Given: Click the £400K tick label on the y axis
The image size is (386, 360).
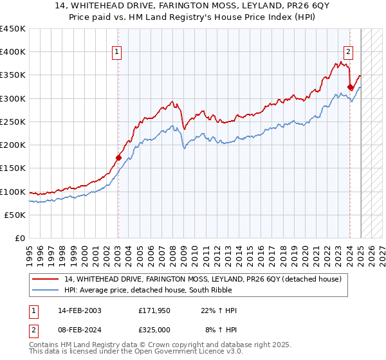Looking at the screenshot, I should pos(13,52).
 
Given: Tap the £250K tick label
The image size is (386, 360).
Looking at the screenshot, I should pos(13,122).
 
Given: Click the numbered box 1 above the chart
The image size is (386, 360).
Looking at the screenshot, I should pos(118,53).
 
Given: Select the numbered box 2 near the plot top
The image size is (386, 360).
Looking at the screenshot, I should pos(348,53).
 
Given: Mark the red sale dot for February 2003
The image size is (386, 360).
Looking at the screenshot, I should pos(118,157).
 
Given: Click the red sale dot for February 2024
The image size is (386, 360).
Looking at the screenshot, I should pos(350,87).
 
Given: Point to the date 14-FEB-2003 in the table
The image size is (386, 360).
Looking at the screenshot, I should pos(79,311).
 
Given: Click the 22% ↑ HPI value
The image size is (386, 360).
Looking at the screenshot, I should pos(219,311).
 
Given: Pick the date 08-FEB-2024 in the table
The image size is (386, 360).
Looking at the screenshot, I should pos(79,330).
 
